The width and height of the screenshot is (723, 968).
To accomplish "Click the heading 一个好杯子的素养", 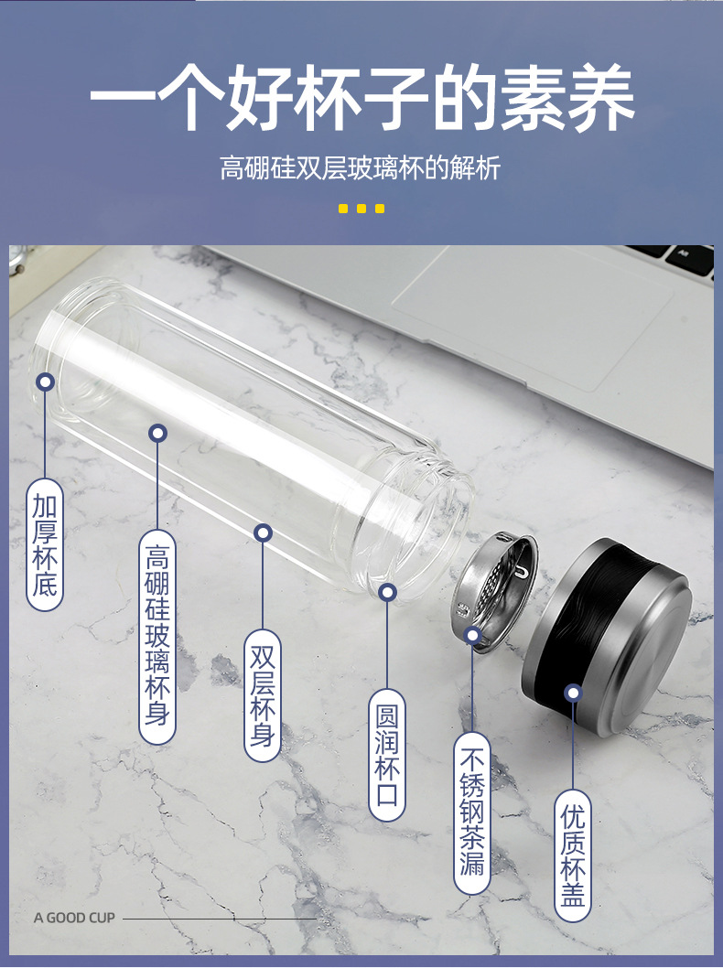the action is [361, 98].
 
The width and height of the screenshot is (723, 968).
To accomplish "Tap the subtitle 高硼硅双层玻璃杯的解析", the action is [360, 168].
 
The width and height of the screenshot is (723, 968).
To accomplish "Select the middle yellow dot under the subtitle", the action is [361, 209].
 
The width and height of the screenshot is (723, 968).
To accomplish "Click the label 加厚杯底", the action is [45, 545].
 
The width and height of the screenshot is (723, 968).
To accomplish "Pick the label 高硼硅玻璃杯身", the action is [157, 637].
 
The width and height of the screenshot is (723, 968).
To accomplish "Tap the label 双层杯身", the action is [263, 695].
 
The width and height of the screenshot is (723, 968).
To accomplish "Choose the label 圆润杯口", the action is [387, 755].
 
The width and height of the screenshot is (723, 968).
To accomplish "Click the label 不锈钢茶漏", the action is [472, 813].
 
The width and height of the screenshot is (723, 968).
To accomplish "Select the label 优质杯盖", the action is [573, 855].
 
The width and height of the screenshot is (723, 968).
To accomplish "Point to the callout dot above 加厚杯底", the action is [45, 382].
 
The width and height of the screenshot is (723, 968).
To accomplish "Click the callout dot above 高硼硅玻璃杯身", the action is [158, 434].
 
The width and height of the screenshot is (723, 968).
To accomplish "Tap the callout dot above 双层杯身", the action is [263, 532].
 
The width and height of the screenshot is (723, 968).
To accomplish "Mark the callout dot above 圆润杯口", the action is [387, 593].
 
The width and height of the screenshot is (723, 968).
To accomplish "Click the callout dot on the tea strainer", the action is [472, 635].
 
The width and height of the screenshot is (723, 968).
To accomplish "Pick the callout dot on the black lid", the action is [574, 693].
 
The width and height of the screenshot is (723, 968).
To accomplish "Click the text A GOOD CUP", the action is [75, 918].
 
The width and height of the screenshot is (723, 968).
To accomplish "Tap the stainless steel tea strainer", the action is [494, 589].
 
